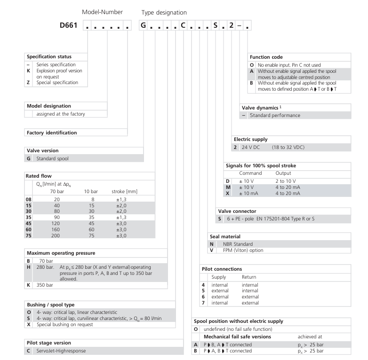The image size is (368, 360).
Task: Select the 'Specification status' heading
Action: pyautogui.click(x=49, y=56)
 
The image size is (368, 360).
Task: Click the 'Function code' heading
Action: pyautogui.click(x=267, y=57)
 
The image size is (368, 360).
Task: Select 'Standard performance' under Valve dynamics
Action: pyautogui.click(x=275, y=115)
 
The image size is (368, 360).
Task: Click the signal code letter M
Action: pyautogui.click(x=228, y=187)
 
